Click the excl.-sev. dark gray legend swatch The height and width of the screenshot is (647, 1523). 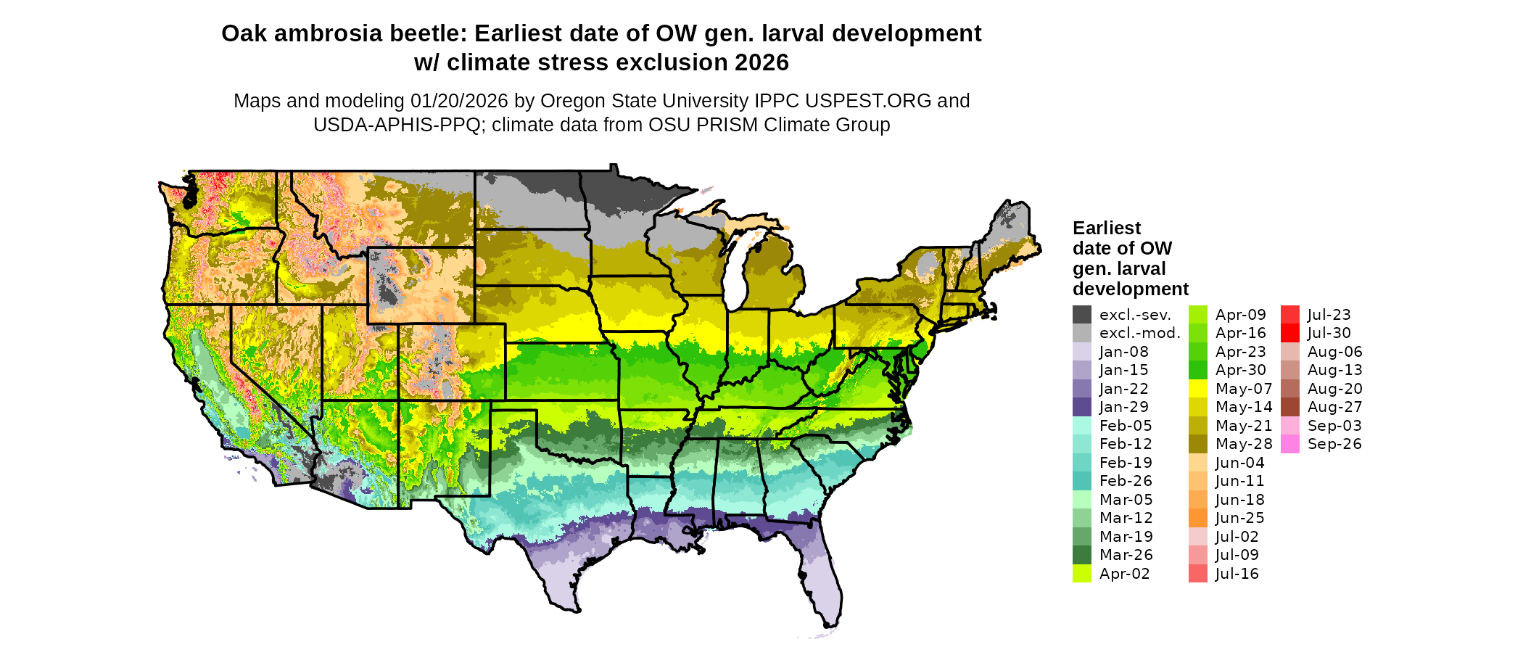point(1082,315)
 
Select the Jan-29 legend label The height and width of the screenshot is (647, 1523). point(1123,408)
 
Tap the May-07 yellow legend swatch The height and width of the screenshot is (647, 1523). point(1198,389)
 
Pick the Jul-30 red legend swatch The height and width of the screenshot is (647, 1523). point(1290,334)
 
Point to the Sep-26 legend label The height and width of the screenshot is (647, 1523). point(1334,445)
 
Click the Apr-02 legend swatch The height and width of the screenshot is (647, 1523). point(1082,574)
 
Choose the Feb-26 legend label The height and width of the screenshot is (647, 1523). point(1126,482)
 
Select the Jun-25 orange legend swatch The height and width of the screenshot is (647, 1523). point(1198,519)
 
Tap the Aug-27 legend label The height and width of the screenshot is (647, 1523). point(1334,408)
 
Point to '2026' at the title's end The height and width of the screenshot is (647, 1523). point(761,63)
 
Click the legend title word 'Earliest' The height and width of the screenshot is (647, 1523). point(1107,228)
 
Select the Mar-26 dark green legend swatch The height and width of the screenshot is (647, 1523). point(1082,556)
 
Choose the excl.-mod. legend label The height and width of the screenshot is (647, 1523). point(1139,334)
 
